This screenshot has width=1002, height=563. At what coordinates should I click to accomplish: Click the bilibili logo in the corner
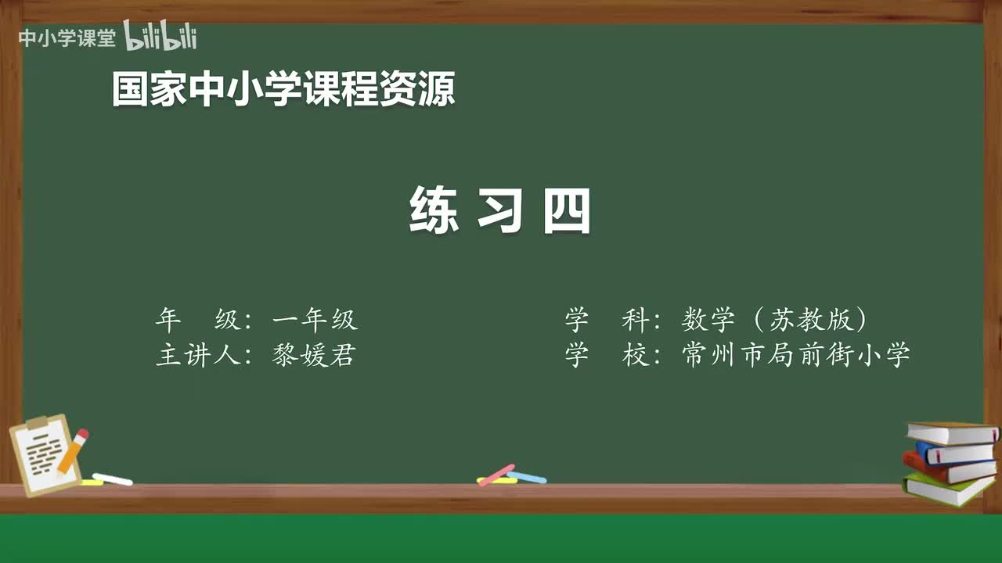(x=160, y=37)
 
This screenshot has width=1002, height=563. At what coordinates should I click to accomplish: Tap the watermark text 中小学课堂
(x=67, y=38)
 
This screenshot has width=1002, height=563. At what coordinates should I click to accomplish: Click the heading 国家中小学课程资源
(x=283, y=89)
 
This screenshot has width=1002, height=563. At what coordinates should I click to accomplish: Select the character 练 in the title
(x=434, y=210)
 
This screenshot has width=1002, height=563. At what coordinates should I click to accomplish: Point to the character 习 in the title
(x=500, y=210)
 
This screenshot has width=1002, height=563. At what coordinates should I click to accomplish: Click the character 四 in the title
(x=567, y=210)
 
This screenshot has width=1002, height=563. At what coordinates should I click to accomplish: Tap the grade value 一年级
(x=315, y=320)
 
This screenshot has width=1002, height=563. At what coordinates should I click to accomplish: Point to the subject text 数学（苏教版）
(x=775, y=320)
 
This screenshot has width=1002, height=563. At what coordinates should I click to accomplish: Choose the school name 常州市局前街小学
(x=796, y=356)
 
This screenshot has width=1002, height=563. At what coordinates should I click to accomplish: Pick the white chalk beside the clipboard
(x=112, y=479)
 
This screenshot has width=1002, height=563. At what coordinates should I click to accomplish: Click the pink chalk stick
(x=496, y=474)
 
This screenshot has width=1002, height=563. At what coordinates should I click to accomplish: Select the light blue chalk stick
(x=527, y=476)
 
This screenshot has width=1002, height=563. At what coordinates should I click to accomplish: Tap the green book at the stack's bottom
(x=947, y=488)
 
